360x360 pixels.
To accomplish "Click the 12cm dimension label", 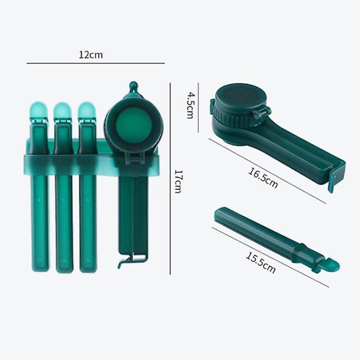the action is (91, 55).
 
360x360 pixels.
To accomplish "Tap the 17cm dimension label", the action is (178, 181).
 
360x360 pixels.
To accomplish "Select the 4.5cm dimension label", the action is (190, 105).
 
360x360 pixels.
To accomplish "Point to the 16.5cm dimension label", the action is (263, 178).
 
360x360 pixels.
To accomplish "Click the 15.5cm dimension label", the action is (260, 263).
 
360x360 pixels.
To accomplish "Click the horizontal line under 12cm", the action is (96, 63).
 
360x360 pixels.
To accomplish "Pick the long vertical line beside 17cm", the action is (170, 179).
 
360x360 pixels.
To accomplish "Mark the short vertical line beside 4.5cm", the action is (199, 107).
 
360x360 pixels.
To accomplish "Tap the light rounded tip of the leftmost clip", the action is (38, 110).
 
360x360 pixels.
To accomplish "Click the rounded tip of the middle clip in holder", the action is (62, 110).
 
